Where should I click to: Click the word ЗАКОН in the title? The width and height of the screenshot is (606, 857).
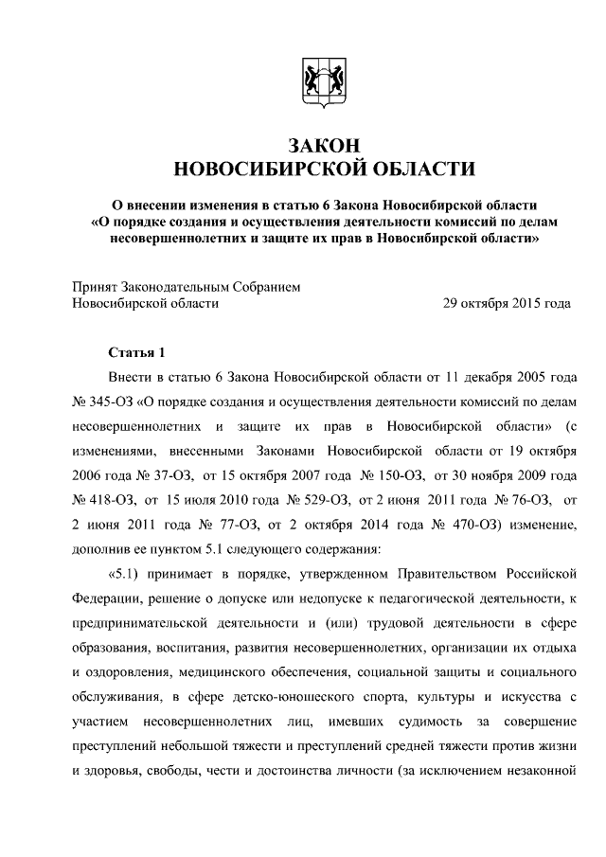click(x=317, y=144)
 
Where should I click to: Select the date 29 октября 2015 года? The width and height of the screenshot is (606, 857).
click(x=508, y=303)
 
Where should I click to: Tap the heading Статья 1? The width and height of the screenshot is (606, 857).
click(x=136, y=354)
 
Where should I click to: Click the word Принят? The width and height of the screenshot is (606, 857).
click(x=97, y=286)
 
